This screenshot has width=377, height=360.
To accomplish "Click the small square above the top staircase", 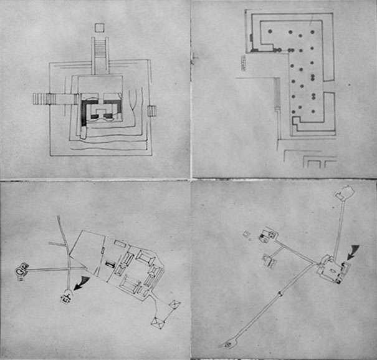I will click(x=99, y=27).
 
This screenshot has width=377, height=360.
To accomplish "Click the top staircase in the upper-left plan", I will click(x=100, y=56).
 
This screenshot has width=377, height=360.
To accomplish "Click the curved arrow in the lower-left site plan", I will click(x=80, y=283).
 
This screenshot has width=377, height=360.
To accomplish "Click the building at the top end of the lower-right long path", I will click(x=343, y=193).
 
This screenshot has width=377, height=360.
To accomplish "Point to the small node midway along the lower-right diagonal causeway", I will click(x=280, y=292).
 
